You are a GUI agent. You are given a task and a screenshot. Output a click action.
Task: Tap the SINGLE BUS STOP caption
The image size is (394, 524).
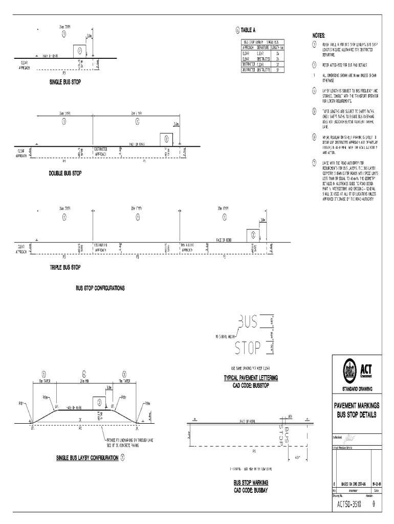click(65, 82)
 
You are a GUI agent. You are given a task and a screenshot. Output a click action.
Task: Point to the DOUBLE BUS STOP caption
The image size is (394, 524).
click(65, 173)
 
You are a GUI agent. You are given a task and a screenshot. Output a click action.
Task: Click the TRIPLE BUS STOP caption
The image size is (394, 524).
click(64, 267)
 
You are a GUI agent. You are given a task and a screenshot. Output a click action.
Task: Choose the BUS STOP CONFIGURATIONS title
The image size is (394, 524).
click(100, 288)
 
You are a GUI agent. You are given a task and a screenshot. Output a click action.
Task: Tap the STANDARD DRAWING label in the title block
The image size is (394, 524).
click(357, 387)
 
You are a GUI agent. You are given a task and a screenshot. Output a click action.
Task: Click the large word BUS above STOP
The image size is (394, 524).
click(247, 322)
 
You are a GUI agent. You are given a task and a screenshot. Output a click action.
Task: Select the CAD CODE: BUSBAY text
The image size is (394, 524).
click(251, 490)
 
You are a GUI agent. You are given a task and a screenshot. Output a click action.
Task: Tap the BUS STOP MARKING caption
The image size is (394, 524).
click(251, 483)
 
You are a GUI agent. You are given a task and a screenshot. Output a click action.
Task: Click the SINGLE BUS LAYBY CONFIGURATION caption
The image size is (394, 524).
click(87, 457)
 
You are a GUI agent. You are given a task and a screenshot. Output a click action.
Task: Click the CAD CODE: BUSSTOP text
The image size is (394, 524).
click(251, 384)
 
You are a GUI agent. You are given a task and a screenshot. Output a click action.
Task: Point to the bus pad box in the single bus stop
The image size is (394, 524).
click(80, 52)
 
